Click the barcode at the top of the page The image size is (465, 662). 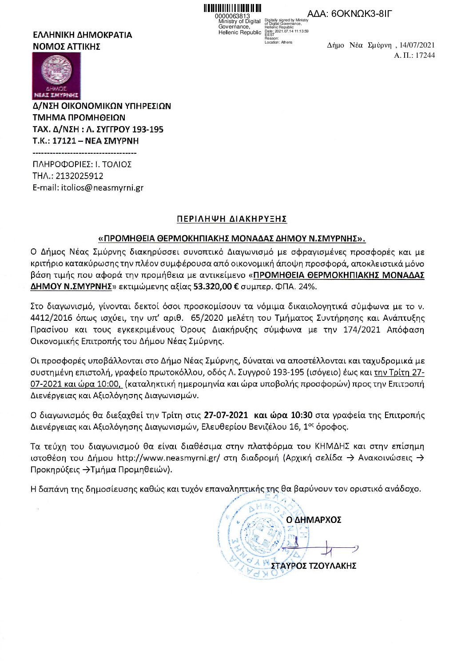[x=232, y=8]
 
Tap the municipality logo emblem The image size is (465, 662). [x=56, y=71]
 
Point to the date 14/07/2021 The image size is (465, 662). [x=417, y=45]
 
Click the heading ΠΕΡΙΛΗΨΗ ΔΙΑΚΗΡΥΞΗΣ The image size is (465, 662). [x=231, y=219]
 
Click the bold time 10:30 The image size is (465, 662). [x=301, y=415]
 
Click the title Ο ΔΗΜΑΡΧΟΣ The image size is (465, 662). [x=314, y=519]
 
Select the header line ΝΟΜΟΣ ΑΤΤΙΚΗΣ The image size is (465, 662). [x=67, y=47]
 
